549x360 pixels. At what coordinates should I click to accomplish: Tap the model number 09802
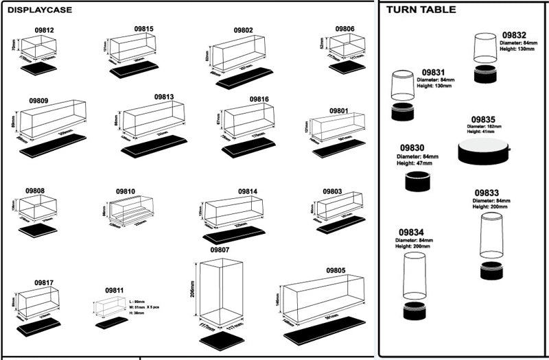tap(242, 30)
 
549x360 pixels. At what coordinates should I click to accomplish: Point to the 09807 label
tap(220, 250)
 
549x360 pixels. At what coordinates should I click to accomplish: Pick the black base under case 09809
tap(53, 146)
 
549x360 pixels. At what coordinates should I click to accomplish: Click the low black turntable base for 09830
tap(418, 183)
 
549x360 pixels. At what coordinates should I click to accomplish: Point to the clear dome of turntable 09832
tap(486, 51)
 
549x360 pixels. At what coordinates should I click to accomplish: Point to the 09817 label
tap(44, 283)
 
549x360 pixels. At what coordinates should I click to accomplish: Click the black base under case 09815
tap(135, 69)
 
